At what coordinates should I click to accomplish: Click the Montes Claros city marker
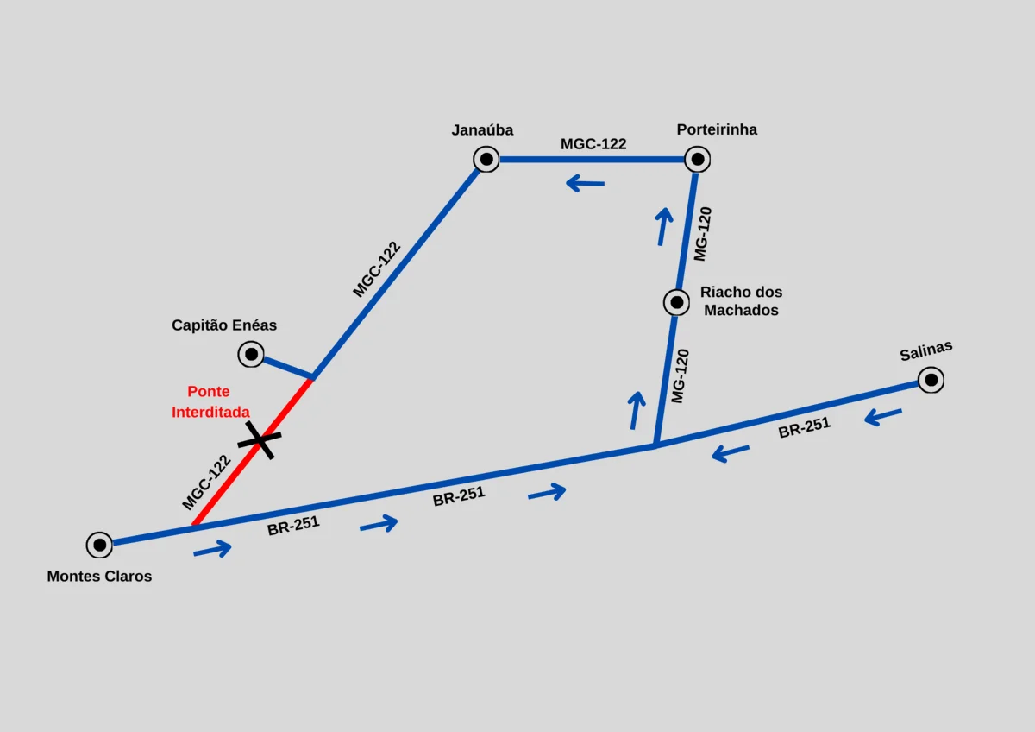99,545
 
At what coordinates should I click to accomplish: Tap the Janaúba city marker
486,159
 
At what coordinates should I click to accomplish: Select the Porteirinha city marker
697,159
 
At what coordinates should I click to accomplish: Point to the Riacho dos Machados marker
676,302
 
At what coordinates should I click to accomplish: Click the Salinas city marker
931,380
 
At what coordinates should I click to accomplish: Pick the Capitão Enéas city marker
251,354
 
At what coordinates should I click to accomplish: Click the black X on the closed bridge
260,439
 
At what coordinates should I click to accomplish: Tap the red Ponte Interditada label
210,402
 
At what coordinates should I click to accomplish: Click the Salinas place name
926,351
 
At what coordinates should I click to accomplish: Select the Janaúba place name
482,130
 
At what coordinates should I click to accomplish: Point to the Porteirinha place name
717,129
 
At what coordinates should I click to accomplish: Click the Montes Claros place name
99,576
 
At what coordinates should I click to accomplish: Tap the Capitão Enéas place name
224,325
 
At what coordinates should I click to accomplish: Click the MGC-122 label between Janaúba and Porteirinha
593,144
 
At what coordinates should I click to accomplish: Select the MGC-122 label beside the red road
206,483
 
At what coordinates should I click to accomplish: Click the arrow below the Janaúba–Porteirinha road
585,184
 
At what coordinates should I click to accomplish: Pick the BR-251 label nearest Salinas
805,427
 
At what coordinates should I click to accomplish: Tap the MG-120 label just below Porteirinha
703,234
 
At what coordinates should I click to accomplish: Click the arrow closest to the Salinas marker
882,417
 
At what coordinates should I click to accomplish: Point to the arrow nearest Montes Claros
212,549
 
